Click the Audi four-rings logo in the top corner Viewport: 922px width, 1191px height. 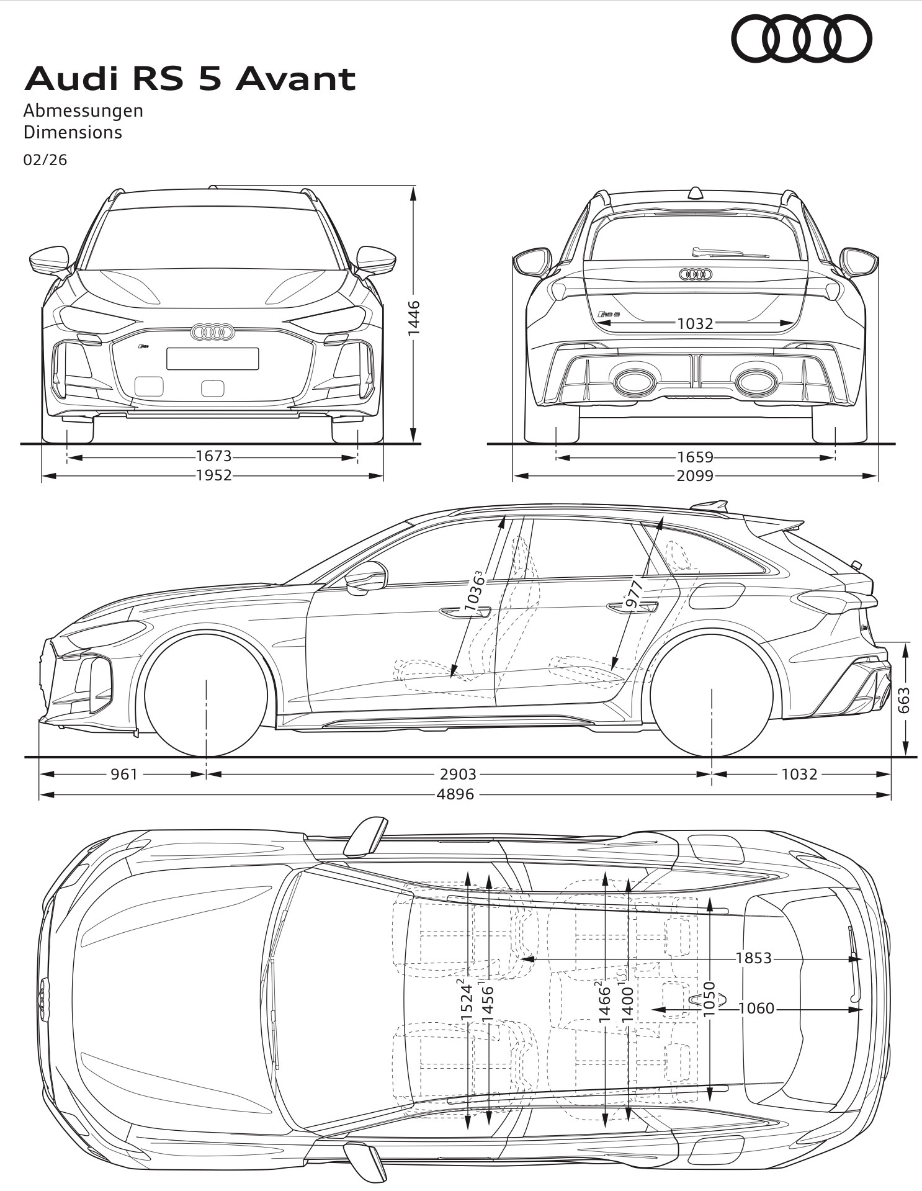pyautogui.click(x=802, y=38)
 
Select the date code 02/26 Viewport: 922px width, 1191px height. pyautogui.click(x=45, y=160)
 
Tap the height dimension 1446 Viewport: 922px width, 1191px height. pyautogui.click(x=414, y=318)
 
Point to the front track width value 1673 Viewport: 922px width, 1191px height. pyautogui.click(x=213, y=456)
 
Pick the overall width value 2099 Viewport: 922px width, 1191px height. pyautogui.click(x=695, y=475)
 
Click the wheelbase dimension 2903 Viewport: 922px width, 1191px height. pyautogui.click(x=458, y=774)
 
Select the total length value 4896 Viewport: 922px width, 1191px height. pyautogui.click(x=455, y=794)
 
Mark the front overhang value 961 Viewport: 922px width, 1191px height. pyautogui.click(x=124, y=774)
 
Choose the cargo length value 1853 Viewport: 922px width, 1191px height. pyautogui.click(x=754, y=958)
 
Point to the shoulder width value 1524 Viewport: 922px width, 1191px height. pyautogui.click(x=467, y=1000)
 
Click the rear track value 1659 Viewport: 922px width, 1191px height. pyautogui.click(x=695, y=457)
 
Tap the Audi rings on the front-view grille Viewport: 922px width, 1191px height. pyautogui.click(x=212, y=333)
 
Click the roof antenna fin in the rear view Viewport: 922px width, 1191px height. pyautogui.click(x=696, y=192)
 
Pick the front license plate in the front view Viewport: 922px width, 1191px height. pyautogui.click(x=212, y=359)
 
